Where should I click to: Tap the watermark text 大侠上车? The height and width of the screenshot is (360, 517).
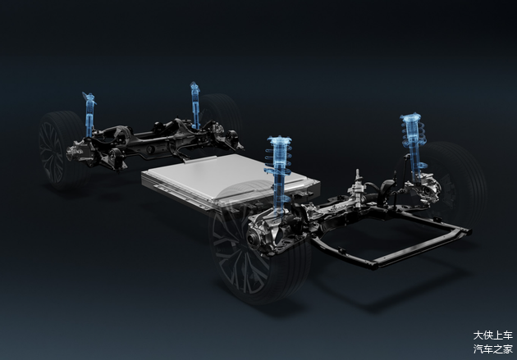[x=493, y=335]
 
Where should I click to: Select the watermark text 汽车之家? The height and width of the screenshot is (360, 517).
[x=493, y=349]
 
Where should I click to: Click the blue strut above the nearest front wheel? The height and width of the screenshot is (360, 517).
[x=279, y=175]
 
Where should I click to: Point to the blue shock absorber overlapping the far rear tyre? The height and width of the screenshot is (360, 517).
[x=194, y=105]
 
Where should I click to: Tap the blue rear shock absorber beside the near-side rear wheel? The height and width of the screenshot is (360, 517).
[x=89, y=114]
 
